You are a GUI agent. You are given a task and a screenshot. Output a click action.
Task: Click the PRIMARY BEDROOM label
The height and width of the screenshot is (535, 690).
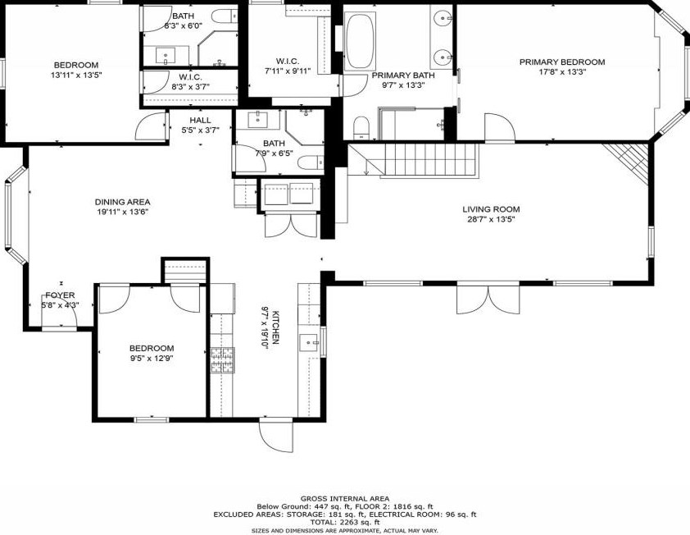[562, 62]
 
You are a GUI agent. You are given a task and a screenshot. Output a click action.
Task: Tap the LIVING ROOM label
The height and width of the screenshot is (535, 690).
[491, 209]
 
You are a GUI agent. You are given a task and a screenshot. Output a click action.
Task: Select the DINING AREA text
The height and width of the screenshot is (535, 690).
[122, 203]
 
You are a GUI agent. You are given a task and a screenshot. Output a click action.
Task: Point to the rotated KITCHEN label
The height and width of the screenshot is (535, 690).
[276, 327]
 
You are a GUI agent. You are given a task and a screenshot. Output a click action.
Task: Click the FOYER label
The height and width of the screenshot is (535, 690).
[60, 295]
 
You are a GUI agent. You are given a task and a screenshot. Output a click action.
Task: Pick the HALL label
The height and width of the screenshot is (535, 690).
[200, 121]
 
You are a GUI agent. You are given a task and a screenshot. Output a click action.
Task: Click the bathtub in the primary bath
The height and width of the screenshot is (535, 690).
[360, 41]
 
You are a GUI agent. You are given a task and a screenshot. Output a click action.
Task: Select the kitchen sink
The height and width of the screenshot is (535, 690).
[308, 342]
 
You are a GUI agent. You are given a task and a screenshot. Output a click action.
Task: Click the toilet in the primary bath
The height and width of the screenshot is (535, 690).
[361, 128]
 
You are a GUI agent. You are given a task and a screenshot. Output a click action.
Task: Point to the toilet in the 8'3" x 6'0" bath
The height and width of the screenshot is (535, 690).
[225, 16]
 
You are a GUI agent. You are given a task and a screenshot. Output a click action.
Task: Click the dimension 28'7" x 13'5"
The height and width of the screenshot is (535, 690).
[491, 219]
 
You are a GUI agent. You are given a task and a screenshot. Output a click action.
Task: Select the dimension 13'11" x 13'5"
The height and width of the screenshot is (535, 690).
[76, 75]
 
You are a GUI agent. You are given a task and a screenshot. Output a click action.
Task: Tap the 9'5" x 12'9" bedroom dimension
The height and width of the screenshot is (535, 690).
[152, 359]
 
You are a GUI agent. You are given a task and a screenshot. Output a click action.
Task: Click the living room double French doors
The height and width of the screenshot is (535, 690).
[488, 299]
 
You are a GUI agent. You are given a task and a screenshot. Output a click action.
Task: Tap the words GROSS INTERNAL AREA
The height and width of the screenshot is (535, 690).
[345, 499]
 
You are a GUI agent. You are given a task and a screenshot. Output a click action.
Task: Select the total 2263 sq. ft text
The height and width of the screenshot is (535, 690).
[345, 522]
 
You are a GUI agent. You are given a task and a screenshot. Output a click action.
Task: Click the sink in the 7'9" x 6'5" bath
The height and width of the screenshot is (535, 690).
[257, 120]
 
